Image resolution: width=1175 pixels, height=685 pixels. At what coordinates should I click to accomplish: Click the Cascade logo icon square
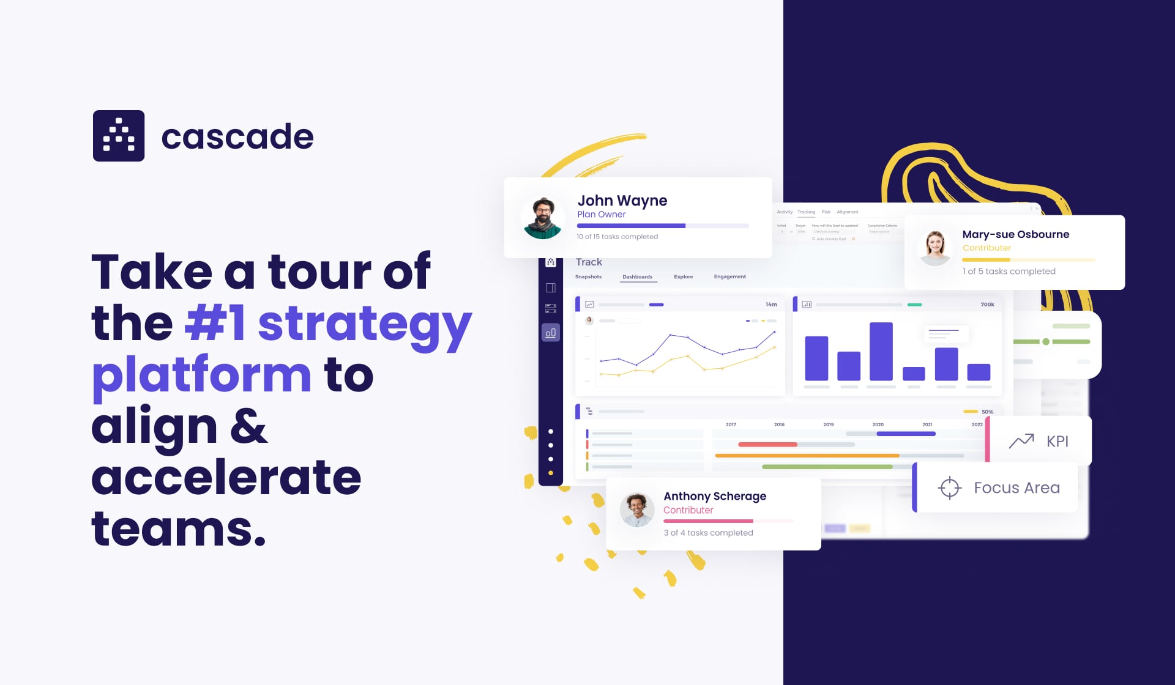[119, 136]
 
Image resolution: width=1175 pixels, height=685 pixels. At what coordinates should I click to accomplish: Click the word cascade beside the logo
[237, 136]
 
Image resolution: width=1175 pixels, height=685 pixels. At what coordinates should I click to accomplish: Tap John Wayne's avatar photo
[543, 218]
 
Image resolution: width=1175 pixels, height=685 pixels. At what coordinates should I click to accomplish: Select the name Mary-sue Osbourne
[1015, 234]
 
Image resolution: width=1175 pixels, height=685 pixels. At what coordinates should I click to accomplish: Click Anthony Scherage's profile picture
[637, 510]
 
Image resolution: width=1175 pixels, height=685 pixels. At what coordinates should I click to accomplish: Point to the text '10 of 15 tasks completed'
[617, 237]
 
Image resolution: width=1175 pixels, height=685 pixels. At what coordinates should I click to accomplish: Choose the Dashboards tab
[637, 277]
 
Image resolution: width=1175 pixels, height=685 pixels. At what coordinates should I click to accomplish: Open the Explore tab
[683, 277]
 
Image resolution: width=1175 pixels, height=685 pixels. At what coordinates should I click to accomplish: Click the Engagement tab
[729, 277]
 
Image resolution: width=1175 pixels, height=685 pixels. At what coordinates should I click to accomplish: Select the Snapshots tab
[588, 277]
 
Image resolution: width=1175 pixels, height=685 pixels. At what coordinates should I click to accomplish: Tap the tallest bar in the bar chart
[881, 352]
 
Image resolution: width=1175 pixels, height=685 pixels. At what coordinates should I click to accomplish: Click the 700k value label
[987, 305]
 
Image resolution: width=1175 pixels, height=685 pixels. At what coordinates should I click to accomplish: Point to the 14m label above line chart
[771, 305]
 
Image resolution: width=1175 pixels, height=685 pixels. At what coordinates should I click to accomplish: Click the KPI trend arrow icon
[1021, 441]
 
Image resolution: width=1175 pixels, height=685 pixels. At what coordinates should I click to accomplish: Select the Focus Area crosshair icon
[949, 487]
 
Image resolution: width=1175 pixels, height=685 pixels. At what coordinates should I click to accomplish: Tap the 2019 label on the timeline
[828, 424]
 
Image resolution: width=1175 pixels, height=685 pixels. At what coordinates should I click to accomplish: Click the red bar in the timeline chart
[767, 445]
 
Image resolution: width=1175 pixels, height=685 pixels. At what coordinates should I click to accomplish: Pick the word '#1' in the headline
[215, 324]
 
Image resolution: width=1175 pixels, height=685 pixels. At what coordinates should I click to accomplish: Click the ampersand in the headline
[248, 426]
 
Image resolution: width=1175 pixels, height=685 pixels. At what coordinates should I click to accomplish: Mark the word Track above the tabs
[589, 262]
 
